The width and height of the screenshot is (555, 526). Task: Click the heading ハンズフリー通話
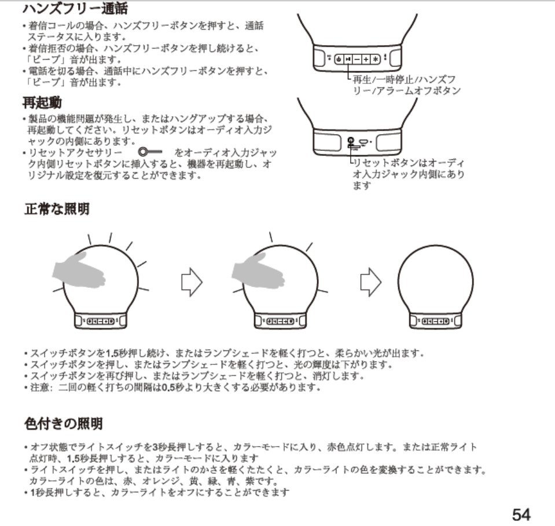pos(75,9)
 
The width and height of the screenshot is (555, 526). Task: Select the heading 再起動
pos(42,104)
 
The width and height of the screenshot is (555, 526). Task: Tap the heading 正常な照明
pos(57,209)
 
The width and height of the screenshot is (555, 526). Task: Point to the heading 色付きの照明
pos(63,424)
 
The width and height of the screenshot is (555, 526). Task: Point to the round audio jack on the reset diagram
pos(351,141)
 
